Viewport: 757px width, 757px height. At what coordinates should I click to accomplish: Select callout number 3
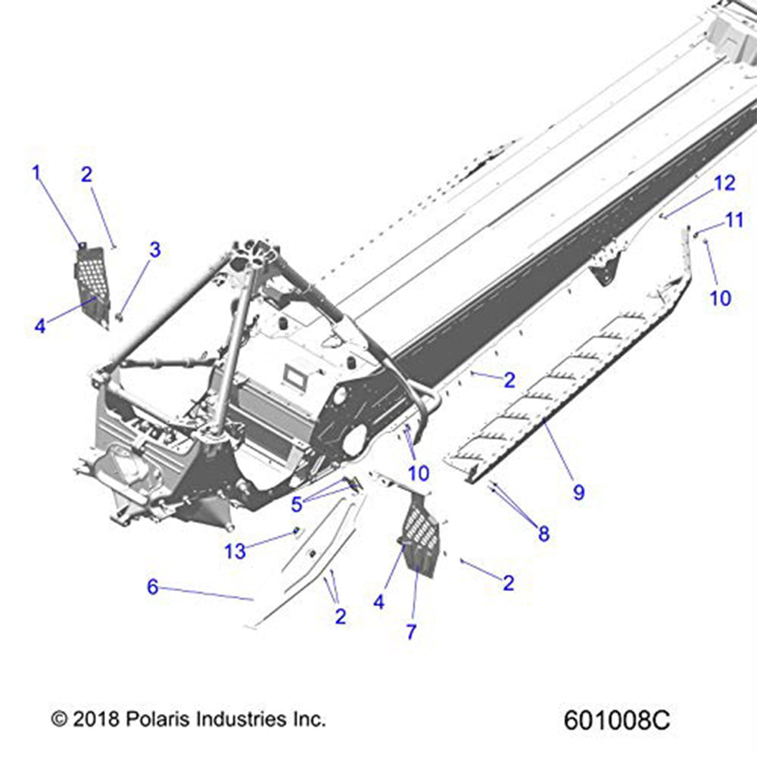154,249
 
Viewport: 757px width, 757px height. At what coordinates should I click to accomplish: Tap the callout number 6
153,587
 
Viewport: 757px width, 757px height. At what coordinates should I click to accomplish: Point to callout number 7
412,631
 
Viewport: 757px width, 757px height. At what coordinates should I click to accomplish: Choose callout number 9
578,492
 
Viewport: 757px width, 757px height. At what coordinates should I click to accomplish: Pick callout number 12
724,182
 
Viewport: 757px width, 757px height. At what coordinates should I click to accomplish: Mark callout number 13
235,551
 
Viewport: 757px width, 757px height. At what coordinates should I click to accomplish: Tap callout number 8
544,534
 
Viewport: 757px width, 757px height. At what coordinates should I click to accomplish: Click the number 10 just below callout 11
721,298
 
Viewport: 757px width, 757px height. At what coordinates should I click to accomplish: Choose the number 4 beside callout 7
378,602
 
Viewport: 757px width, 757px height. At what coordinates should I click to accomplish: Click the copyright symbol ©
59,718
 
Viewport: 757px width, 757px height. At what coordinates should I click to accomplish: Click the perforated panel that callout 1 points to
92,284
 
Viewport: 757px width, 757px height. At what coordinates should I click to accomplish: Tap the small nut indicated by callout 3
120,314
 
